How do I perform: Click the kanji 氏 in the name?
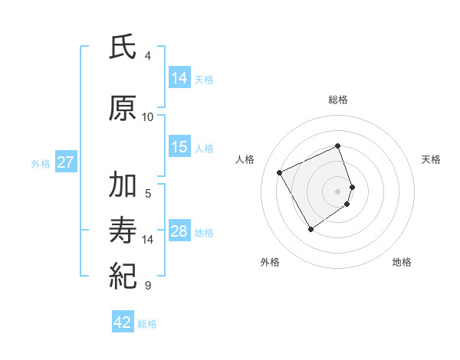123,48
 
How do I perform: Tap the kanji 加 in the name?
123,186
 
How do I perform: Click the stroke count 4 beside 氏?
148,56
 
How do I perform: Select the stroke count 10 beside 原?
148,117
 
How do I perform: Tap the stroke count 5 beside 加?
148,193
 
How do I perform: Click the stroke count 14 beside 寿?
148,240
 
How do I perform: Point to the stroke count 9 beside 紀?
148,286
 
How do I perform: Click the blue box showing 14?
179,78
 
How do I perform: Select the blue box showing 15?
179,147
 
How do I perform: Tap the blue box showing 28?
179,231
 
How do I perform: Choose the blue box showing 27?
65,162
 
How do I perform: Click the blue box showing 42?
123,322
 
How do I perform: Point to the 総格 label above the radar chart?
338,100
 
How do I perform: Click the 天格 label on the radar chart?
431,159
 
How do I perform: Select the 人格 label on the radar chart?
245,159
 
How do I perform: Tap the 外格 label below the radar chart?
270,262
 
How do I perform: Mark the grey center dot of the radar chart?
338,190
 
